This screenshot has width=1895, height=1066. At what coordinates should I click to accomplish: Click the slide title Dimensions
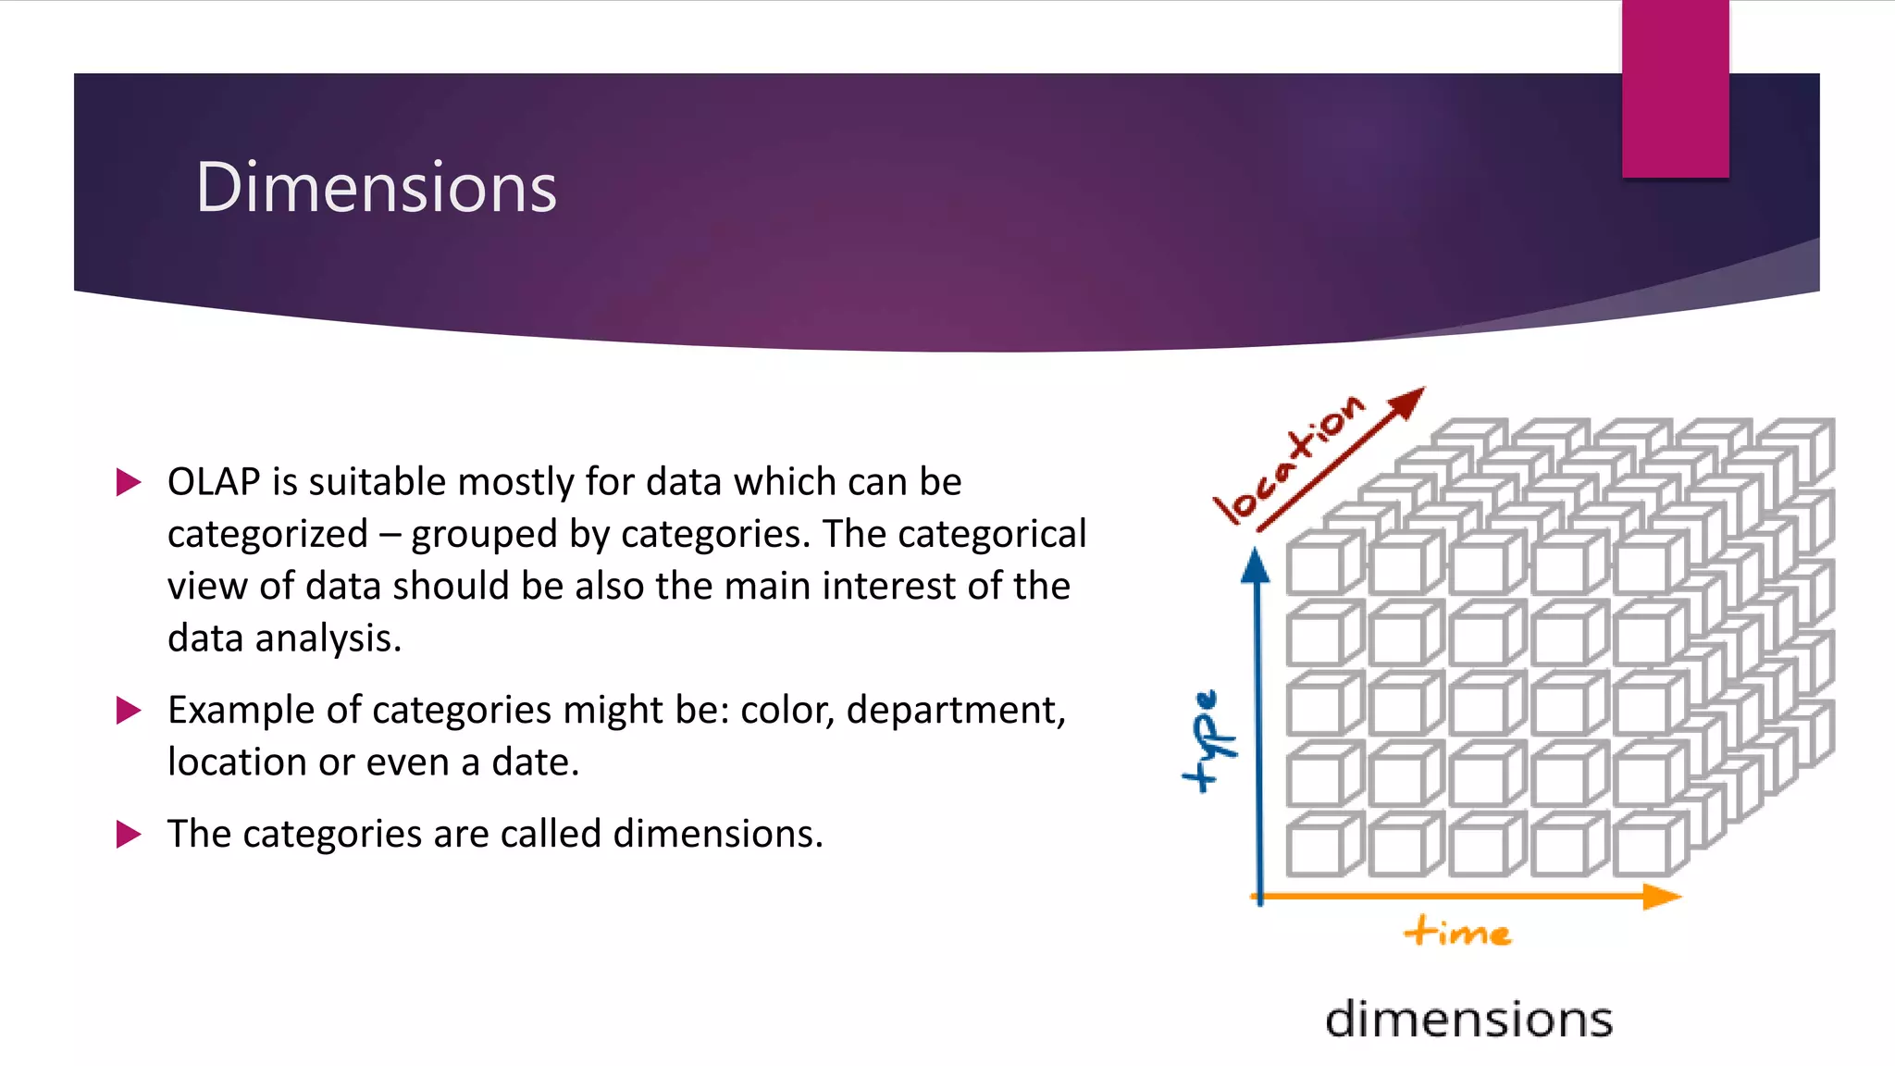coord(376,188)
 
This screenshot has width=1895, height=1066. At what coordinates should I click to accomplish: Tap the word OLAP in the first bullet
coord(214,482)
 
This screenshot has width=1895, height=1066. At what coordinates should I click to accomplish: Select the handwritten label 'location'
coord(1288,461)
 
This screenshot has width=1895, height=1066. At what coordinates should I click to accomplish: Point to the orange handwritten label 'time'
coord(1457,931)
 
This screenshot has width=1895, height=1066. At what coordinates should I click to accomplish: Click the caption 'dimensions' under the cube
coord(1468,1019)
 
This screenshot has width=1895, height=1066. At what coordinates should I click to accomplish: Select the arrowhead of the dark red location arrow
coord(1407,403)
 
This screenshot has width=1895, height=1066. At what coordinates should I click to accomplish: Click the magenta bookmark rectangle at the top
coord(1675,89)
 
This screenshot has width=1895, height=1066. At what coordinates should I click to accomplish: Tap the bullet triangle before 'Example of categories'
coord(128,711)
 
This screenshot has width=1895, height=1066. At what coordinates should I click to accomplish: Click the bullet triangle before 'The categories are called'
coord(128,834)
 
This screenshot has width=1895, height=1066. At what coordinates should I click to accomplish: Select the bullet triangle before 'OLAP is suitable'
coord(128,482)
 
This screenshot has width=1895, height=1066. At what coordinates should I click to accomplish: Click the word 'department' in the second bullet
coord(955,711)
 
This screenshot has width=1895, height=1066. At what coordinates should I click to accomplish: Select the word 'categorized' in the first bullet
coord(267,535)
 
